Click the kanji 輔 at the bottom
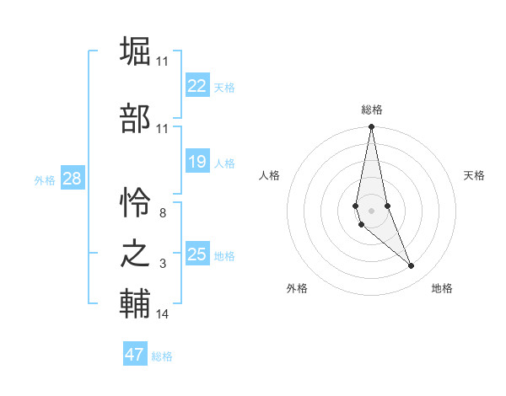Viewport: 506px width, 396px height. pos(135,304)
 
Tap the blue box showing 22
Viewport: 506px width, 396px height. pos(197,86)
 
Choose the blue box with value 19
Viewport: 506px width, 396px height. pos(197,162)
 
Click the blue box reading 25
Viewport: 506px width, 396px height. pos(197,254)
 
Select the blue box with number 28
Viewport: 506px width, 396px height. pos(72,179)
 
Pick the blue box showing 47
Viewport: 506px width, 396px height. pos(135,355)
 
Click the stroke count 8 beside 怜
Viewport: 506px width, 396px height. pos(162,213)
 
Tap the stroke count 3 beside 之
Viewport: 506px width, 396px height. pos(162,264)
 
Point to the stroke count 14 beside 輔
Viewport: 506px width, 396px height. pos(162,314)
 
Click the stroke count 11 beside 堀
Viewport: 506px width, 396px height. pos(162,62)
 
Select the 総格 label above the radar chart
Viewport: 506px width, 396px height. pos(371,110)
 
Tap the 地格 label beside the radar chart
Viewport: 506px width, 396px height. pos(442,288)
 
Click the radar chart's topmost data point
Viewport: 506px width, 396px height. pos(371,127)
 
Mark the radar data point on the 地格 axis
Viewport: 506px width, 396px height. pos(412,266)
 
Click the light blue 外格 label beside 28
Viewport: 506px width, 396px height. pos(45,179)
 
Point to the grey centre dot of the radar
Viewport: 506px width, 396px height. pos(371,210)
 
